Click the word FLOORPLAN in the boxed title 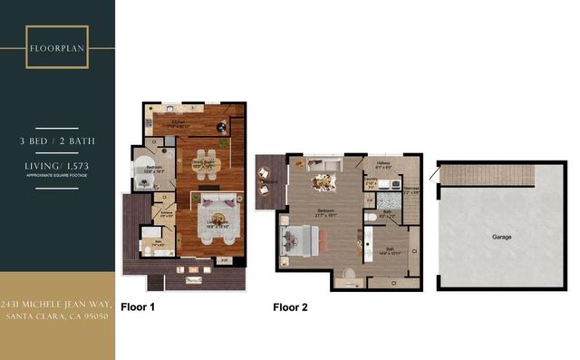pos(57,47)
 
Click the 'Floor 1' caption pos(138,307)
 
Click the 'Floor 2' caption pos(290,307)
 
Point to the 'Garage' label pos(501,237)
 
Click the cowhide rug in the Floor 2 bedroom pos(322,183)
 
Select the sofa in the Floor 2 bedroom pos(320,164)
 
